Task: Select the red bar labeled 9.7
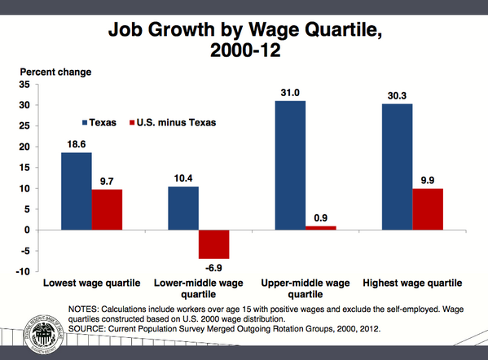pyautogui.click(x=107, y=209)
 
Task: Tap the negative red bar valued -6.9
pyautogui.click(x=214, y=244)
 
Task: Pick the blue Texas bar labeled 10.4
pyautogui.click(x=183, y=208)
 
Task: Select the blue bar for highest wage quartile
pyautogui.click(x=398, y=166)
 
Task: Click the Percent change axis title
pyautogui.click(x=55, y=71)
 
